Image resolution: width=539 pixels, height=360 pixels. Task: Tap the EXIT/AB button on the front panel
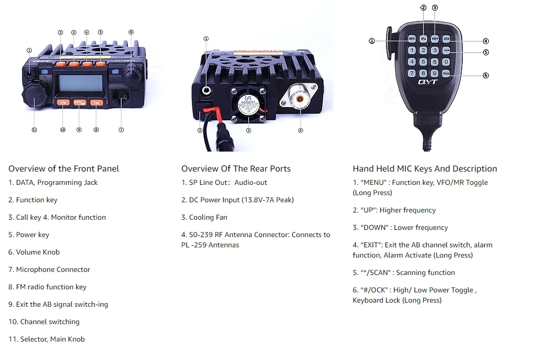pos(79,102)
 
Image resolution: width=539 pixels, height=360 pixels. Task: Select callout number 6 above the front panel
pos(131,32)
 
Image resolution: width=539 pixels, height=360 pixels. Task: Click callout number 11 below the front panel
pos(34,130)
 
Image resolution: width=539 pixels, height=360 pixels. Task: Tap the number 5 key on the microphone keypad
pos(423,62)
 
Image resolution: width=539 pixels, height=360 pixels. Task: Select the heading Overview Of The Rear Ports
pos(235,168)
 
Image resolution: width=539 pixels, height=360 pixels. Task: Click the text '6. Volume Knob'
pos(34,252)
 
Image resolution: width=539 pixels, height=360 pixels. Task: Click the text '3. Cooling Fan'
pos(204,217)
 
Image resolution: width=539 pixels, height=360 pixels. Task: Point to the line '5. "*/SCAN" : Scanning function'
pos(403,272)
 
